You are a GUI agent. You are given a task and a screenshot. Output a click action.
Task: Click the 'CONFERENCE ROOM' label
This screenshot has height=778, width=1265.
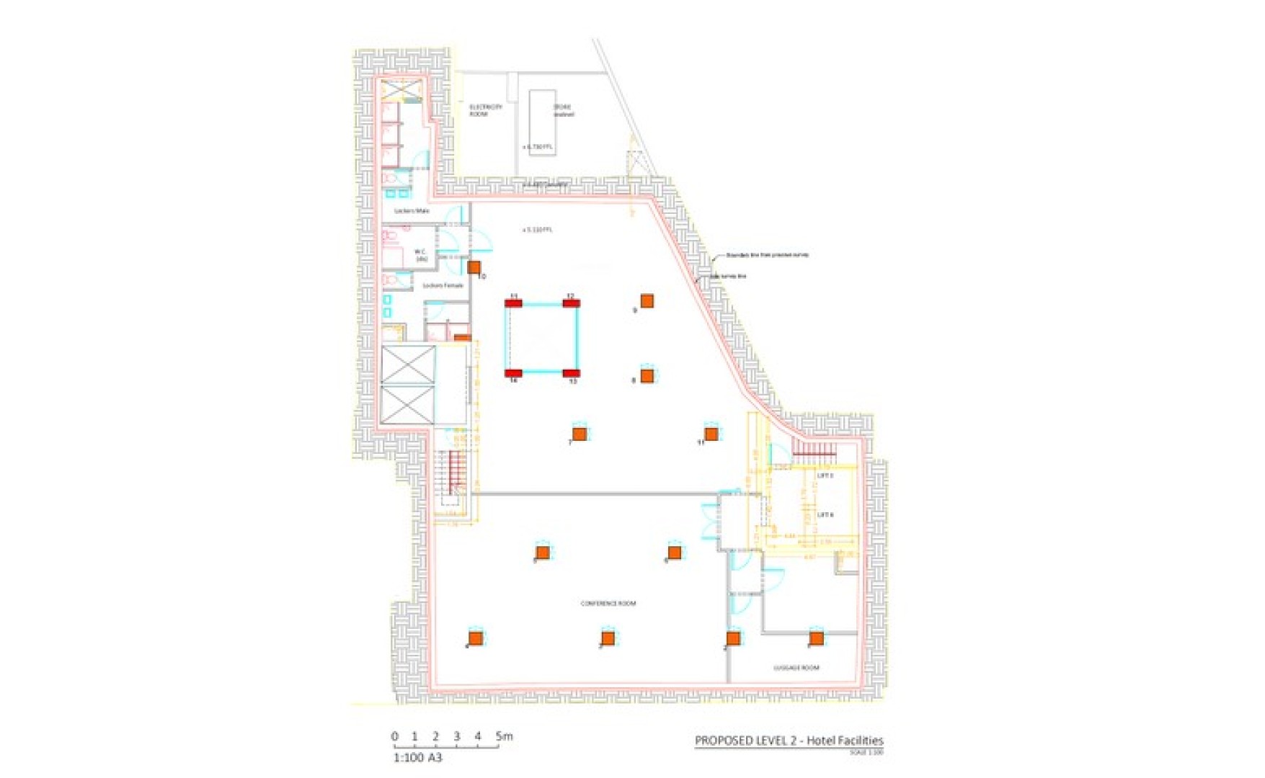click(608, 603)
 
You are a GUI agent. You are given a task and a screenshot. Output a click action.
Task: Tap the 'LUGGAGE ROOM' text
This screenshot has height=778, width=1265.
click(796, 668)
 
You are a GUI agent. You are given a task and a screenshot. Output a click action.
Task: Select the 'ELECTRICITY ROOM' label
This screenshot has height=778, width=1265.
click(485, 110)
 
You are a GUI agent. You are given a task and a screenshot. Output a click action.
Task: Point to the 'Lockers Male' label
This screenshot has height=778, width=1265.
click(412, 210)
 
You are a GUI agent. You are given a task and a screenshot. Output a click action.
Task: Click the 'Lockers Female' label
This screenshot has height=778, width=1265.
click(443, 285)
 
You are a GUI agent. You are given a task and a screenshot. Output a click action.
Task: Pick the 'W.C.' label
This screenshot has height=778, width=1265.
click(421, 255)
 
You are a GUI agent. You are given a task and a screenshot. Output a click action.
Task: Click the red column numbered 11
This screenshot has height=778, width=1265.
click(513, 303)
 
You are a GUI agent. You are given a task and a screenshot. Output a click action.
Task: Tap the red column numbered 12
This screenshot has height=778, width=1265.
click(570, 303)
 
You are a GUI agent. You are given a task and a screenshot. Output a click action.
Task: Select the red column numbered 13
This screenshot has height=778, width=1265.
click(571, 373)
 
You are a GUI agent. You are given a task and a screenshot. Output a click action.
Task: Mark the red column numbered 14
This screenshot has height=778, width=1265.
click(513, 373)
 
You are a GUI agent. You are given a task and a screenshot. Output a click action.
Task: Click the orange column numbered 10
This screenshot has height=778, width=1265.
click(474, 267)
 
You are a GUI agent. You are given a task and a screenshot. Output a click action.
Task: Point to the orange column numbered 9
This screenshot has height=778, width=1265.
click(647, 300)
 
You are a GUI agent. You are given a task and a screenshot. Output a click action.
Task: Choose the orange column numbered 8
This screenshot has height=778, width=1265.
click(647, 375)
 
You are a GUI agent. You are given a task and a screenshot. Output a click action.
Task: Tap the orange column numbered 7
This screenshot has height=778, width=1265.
click(579, 434)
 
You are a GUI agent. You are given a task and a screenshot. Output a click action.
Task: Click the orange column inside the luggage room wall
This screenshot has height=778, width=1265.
click(815, 638)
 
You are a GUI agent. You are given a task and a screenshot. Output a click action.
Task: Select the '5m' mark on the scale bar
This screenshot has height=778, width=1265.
click(504, 736)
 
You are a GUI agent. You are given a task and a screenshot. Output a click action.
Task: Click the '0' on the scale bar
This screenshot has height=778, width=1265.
click(394, 736)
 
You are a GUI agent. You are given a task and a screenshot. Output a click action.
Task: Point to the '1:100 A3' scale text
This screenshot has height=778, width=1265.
click(417, 758)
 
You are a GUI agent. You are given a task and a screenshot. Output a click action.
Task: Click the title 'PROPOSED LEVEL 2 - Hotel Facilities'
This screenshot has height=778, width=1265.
click(789, 741)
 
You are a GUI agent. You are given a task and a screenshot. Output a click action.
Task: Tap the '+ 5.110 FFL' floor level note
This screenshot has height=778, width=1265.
click(537, 230)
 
